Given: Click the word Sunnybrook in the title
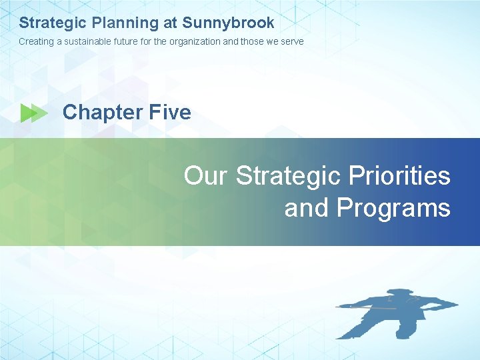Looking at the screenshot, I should pyautogui.click(x=228, y=23).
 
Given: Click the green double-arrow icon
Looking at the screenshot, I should pyautogui.click(x=34, y=113).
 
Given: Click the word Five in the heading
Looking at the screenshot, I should pyautogui.click(x=170, y=112).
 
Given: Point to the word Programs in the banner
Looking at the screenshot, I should pyautogui.click(x=393, y=208).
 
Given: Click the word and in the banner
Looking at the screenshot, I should pyautogui.click(x=307, y=208).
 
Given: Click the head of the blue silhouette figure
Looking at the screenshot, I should pyautogui.click(x=399, y=295).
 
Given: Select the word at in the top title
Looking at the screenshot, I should pyautogui.click(x=170, y=23).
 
